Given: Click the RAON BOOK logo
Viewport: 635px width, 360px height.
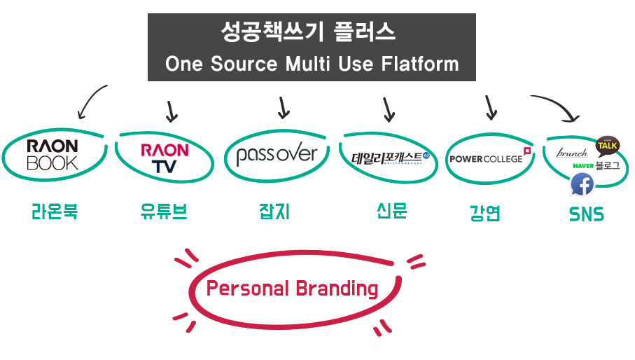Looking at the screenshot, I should pyautogui.click(x=52, y=154).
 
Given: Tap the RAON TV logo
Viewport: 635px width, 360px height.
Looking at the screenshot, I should pyautogui.click(x=165, y=158).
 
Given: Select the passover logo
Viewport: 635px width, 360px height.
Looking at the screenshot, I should pyautogui.click(x=277, y=155).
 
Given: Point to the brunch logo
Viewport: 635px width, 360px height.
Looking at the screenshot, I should pyautogui.click(x=571, y=152).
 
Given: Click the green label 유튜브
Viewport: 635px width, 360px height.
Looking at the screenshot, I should pyautogui.click(x=164, y=212).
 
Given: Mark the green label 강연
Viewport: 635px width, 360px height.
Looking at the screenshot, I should pyautogui.click(x=484, y=213).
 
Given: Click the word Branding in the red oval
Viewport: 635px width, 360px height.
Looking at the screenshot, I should pyautogui.click(x=337, y=289).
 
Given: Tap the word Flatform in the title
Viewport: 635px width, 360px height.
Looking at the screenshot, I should pyautogui.click(x=421, y=64).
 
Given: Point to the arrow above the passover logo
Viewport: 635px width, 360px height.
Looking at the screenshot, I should pyautogui.click(x=283, y=107).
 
